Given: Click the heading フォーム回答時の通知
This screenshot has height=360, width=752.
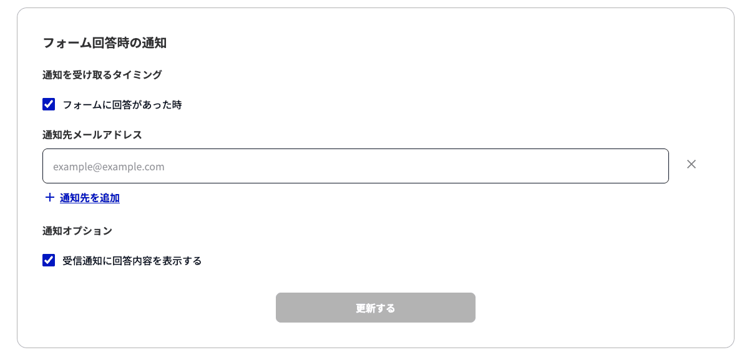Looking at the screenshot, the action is (104, 43).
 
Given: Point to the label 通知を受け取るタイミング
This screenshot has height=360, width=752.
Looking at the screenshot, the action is (102, 74).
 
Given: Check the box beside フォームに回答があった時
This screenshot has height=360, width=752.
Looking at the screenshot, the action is (49, 104).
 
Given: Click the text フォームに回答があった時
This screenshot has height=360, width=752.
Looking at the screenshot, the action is (122, 105).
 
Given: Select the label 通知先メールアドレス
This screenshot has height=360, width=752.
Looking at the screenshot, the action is (92, 135).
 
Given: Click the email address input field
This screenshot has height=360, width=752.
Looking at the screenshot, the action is (356, 166).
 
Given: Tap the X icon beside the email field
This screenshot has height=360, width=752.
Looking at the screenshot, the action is (691, 164).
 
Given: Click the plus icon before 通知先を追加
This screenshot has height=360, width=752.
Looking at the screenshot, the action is (50, 197).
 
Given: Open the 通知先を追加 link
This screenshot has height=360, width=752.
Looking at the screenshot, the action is (90, 198).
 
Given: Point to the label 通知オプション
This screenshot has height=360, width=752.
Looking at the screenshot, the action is (77, 231).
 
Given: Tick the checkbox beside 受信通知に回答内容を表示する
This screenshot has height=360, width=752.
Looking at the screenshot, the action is (49, 260).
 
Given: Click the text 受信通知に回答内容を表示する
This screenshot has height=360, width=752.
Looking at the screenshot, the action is (132, 261).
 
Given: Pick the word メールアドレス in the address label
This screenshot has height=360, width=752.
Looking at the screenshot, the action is (107, 135).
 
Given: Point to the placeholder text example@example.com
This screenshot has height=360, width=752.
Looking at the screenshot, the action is (109, 167).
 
